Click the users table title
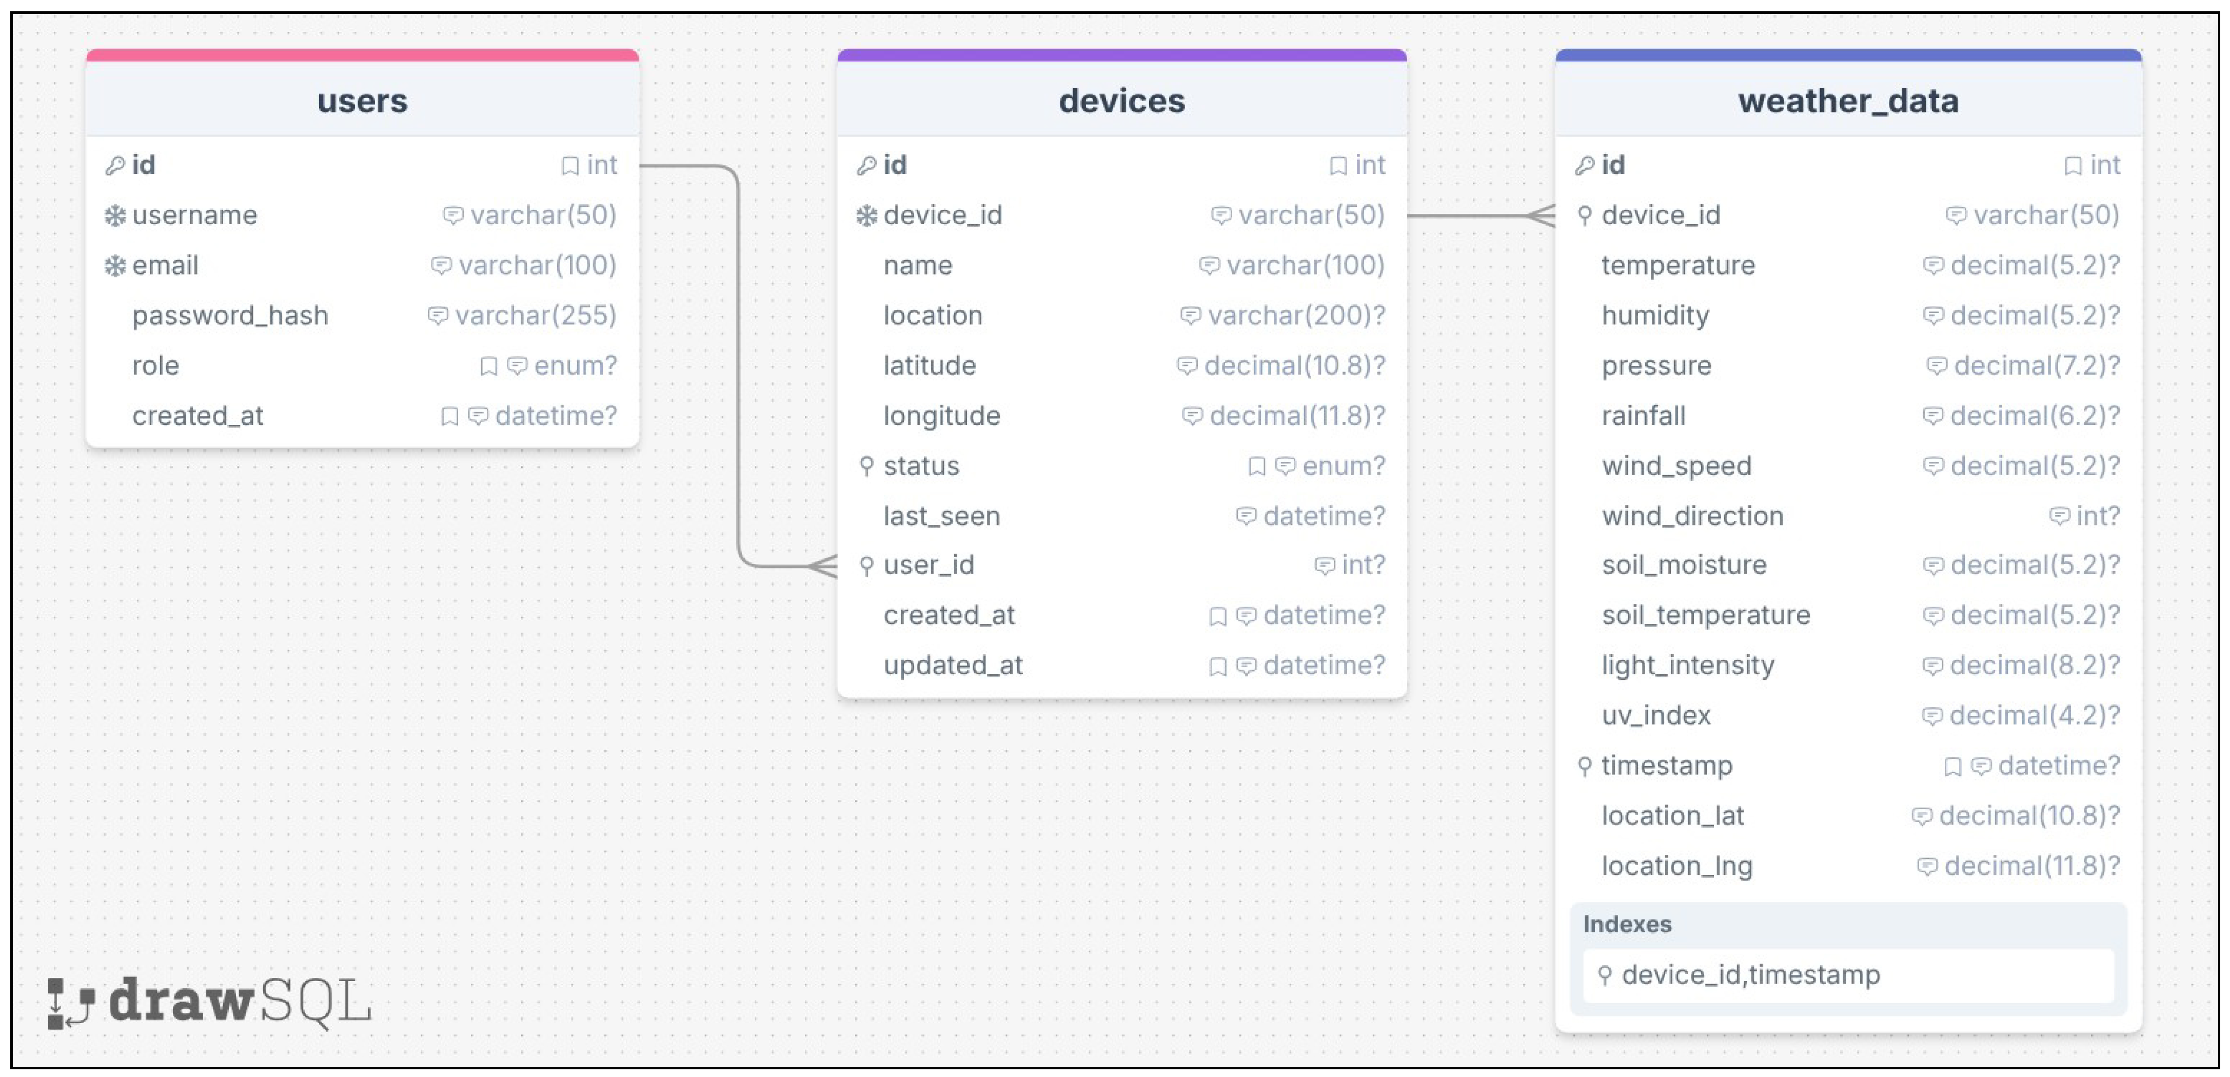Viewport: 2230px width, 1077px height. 362,101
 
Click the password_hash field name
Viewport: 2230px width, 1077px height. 230,315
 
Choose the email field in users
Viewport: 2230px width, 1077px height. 165,265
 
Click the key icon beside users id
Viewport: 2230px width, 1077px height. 114,165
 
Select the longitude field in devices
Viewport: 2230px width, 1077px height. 942,416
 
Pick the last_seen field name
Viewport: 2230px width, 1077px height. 942,516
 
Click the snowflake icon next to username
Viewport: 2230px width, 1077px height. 114,216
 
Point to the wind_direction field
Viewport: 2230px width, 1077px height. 1692,516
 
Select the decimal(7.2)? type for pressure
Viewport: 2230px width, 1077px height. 2037,365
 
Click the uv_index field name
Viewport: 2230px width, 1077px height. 1656,715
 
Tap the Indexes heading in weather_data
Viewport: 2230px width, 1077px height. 1627,924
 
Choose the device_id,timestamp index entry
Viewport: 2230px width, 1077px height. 1750,975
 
